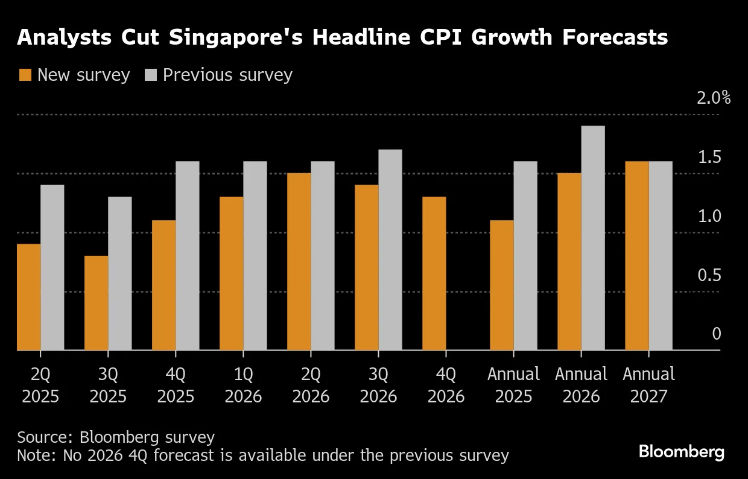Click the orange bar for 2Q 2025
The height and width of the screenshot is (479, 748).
(28, 297)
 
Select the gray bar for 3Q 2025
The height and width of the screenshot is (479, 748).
(119, 273)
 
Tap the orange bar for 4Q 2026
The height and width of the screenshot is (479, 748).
(434, 273)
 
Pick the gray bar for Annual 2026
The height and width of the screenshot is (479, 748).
(592, 238)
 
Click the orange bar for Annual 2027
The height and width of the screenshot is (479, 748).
(636, 256)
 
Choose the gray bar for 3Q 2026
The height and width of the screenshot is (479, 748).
(390, 250)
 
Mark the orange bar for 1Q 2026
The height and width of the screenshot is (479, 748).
(231, 273)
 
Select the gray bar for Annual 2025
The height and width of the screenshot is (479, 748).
(525, 256)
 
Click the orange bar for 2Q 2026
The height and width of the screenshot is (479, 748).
(299, 262)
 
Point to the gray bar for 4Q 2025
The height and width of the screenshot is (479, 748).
(187, 256)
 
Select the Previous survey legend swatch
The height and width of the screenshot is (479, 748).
(151, 75)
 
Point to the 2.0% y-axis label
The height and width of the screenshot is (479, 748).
(713, 98)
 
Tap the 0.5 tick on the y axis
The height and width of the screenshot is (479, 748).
(709, 275)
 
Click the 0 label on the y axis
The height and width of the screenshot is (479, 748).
(716, 334)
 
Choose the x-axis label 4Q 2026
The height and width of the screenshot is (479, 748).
(446, 385)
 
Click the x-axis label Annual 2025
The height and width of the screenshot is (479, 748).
(513, 385)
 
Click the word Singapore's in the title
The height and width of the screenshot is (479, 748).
(234, 37)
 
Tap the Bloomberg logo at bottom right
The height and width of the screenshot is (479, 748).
(682, 452)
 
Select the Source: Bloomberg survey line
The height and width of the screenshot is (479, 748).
(116, 437)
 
